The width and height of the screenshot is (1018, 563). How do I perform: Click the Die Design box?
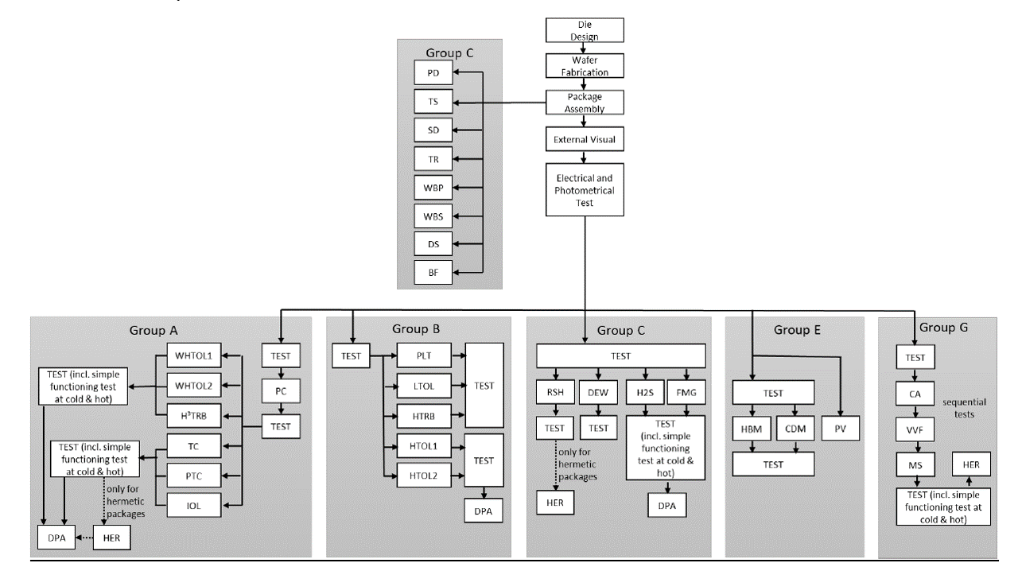click(x=584, y=30)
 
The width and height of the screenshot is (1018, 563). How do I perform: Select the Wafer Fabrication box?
click(x=584, y=66)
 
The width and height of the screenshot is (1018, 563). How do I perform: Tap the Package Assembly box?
click(x=584, y=102)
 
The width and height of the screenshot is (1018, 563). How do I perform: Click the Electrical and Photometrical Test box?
click(x=584, y=188)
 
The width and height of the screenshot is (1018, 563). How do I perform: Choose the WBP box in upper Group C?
click(x=433, y=188)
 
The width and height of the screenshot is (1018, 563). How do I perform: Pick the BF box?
click(x=433, y=273)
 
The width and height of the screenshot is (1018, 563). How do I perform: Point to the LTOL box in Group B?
click(x=424, y=386)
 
